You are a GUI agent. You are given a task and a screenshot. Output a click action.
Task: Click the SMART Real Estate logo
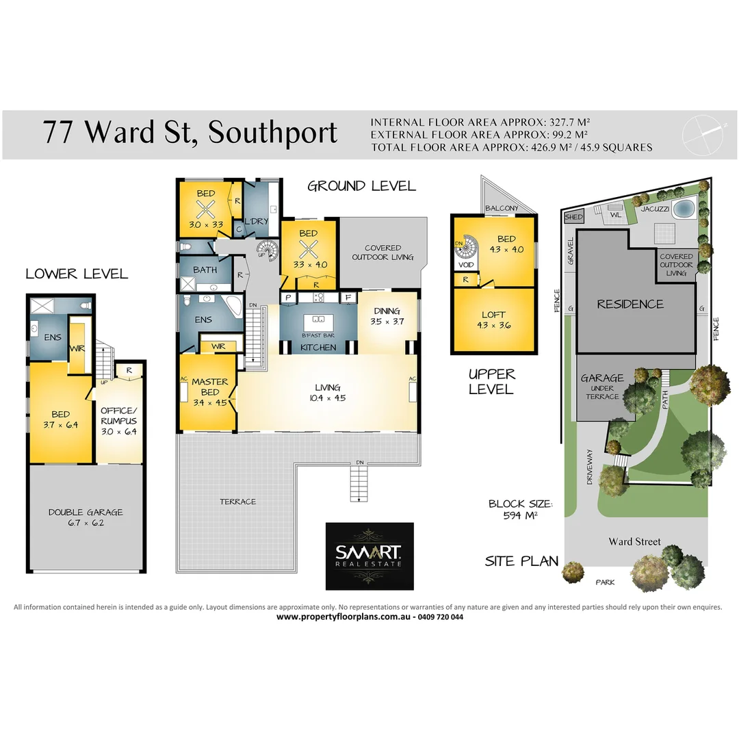pyautogui.click(x=369, y=556)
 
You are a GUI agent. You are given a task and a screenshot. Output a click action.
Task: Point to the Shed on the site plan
pyautogui.click(x=572, y=218)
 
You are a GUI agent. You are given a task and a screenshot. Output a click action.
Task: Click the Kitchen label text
pyautogui.click(x=319, y=348)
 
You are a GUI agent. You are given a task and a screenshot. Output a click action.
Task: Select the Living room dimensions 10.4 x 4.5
pyautogui.click(x=328, y=399)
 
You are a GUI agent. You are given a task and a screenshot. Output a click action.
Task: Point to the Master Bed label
pyautogui.click(x=209, y=387)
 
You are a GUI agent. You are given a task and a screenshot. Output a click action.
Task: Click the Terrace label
pyautogui.click(x=237, y=502)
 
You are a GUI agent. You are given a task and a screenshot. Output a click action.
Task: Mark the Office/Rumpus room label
pyautogui.click(x=119, y=416)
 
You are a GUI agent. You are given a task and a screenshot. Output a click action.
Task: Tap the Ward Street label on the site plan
pyautogui.click(x=634, y=542)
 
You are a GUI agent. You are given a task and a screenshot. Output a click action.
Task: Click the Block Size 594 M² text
pyautogui.click(x=520, y=509)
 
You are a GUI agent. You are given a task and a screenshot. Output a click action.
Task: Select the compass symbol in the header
pyautogui.click(x=705, y=131)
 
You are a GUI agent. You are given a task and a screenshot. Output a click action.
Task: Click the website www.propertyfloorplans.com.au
pyautogui.click(x=343, y=617)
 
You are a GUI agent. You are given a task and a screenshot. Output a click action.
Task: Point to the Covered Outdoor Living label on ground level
pyautogui.click(x=383, y=252)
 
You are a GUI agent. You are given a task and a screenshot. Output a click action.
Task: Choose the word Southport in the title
pyautogui.click(x=273, y=132)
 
